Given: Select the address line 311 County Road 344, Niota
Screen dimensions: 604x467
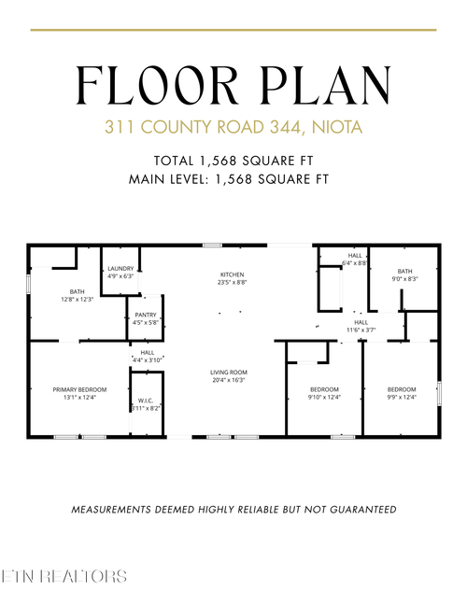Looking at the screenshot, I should coord(233,126).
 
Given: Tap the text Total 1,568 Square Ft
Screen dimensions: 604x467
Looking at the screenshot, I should coord(233,159).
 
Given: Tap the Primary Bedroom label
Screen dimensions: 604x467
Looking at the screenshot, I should coord(79,392).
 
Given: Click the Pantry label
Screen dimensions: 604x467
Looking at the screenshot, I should coord(145,318).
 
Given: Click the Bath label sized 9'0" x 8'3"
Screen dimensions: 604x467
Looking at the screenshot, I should coord(403,274).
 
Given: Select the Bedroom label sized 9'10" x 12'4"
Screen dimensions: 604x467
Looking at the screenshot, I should coord(324,392).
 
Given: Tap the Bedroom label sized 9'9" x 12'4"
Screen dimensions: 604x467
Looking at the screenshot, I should coord(402,392).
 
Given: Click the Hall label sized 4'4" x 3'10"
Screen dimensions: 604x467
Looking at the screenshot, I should coord(148,356).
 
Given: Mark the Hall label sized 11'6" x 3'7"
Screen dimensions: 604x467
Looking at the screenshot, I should coord(361,326).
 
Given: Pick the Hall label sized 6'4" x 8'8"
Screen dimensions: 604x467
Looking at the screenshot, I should coord(355,259).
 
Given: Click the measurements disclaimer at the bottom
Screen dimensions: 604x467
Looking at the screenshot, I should coord(233,510).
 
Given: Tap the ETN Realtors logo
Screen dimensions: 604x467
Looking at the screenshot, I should coord(65,576).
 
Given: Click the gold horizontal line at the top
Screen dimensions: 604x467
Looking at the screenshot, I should coord(233,30).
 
